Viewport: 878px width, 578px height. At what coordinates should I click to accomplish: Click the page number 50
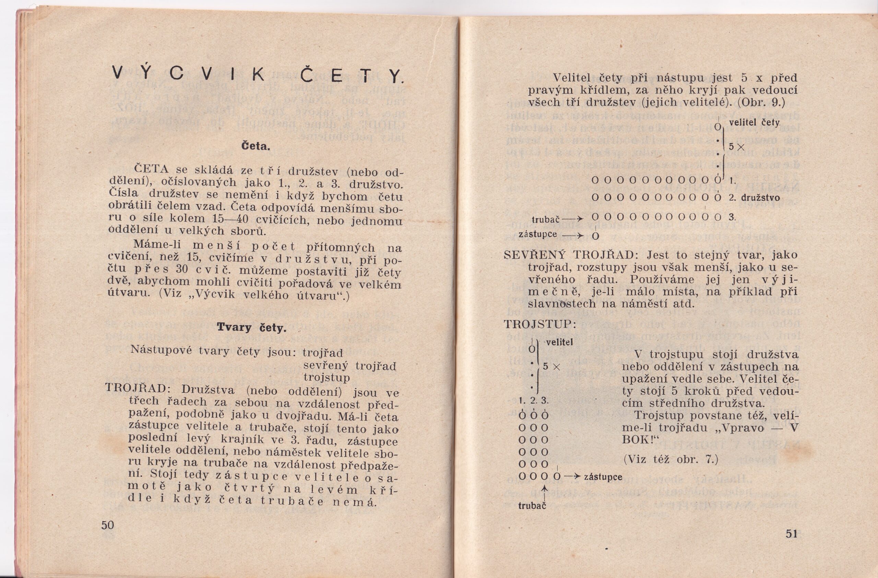(x=108, y=525)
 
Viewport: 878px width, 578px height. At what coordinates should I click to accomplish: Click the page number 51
(x=791, y=534)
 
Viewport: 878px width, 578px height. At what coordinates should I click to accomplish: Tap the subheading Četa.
(x=256, y=146)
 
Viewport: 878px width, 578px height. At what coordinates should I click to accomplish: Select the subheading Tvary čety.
(x=251, y=327)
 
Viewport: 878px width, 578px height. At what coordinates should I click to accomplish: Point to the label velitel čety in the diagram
(x=754, y=123)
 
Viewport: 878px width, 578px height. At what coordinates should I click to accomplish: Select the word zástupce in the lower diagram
(x=603, y=477)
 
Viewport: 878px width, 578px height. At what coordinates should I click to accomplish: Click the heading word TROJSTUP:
(x=540, y=324)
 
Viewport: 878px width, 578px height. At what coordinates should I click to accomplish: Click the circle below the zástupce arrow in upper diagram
(x=595, y=237)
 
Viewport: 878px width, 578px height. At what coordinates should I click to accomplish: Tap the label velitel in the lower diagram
(x=559, y=342)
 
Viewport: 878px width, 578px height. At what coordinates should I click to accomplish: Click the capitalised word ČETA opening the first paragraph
(x=151, y=170)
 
